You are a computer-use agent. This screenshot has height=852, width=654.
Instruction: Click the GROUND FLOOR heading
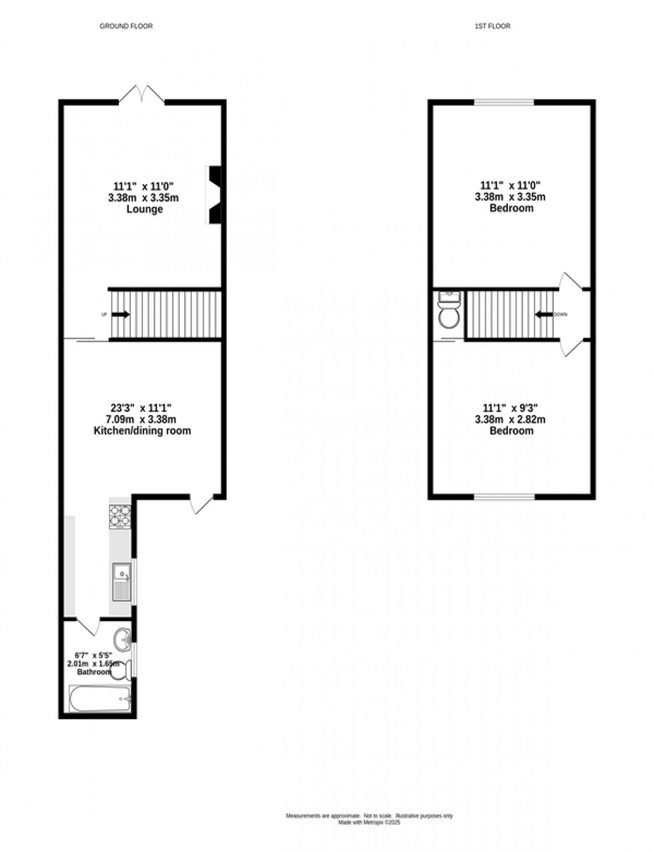(126, 27)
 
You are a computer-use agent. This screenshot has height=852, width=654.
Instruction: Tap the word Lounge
(145, 209)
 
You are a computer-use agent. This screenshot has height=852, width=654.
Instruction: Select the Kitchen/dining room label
(141, 431)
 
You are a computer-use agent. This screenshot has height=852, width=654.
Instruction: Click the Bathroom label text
(93, 672)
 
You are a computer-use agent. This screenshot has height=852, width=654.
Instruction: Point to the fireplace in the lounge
(214, 194)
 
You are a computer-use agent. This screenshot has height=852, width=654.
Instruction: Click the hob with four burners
(120, 516)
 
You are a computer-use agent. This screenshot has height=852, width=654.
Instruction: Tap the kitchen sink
(121, 581)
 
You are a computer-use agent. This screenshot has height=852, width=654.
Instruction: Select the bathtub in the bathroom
(100, 699)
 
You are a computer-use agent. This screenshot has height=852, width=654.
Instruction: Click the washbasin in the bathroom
(123, 639)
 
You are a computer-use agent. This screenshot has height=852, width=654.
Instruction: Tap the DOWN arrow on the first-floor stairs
(543, 315)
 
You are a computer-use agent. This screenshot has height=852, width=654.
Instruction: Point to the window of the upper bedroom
(504, 103)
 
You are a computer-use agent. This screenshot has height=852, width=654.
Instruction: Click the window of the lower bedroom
(505, 496)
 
